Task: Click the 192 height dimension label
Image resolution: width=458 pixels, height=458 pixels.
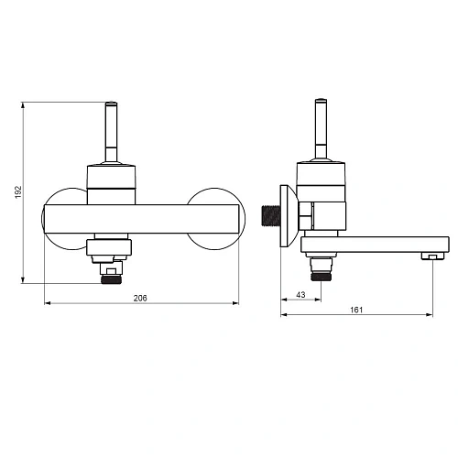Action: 18,192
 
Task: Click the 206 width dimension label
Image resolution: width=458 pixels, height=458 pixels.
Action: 140,298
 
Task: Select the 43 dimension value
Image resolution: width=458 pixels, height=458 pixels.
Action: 300,295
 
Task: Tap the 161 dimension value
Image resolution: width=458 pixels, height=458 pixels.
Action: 356,310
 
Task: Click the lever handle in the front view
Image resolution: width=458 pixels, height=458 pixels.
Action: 111,131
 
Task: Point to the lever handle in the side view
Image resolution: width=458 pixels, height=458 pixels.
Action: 321,129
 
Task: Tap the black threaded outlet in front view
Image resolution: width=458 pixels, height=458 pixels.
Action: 111,279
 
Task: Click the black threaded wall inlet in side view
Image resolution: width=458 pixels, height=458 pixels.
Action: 271,216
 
